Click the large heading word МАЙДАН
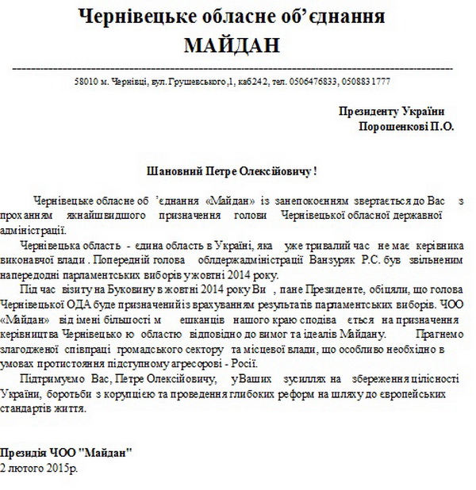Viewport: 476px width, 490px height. [x=232, y=44]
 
